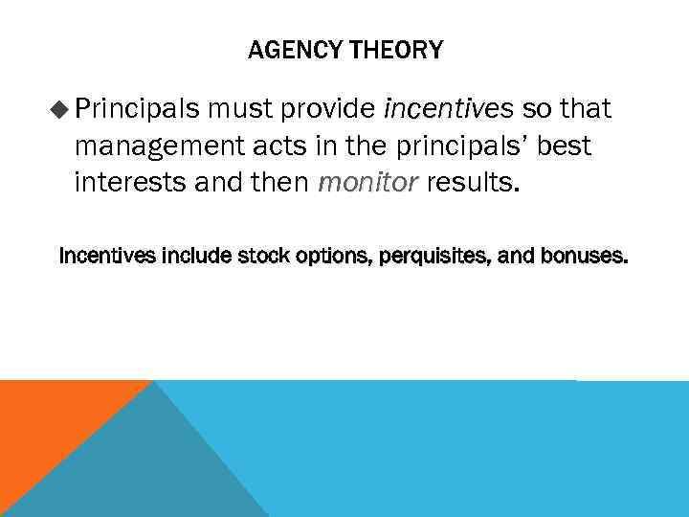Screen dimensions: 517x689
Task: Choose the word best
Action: pyautogui.click(x=563, y=146)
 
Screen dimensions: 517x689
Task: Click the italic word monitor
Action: pyautogui.click(x=367, y=182)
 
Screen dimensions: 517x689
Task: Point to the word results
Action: pyautogui.click(x=475, y=182)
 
